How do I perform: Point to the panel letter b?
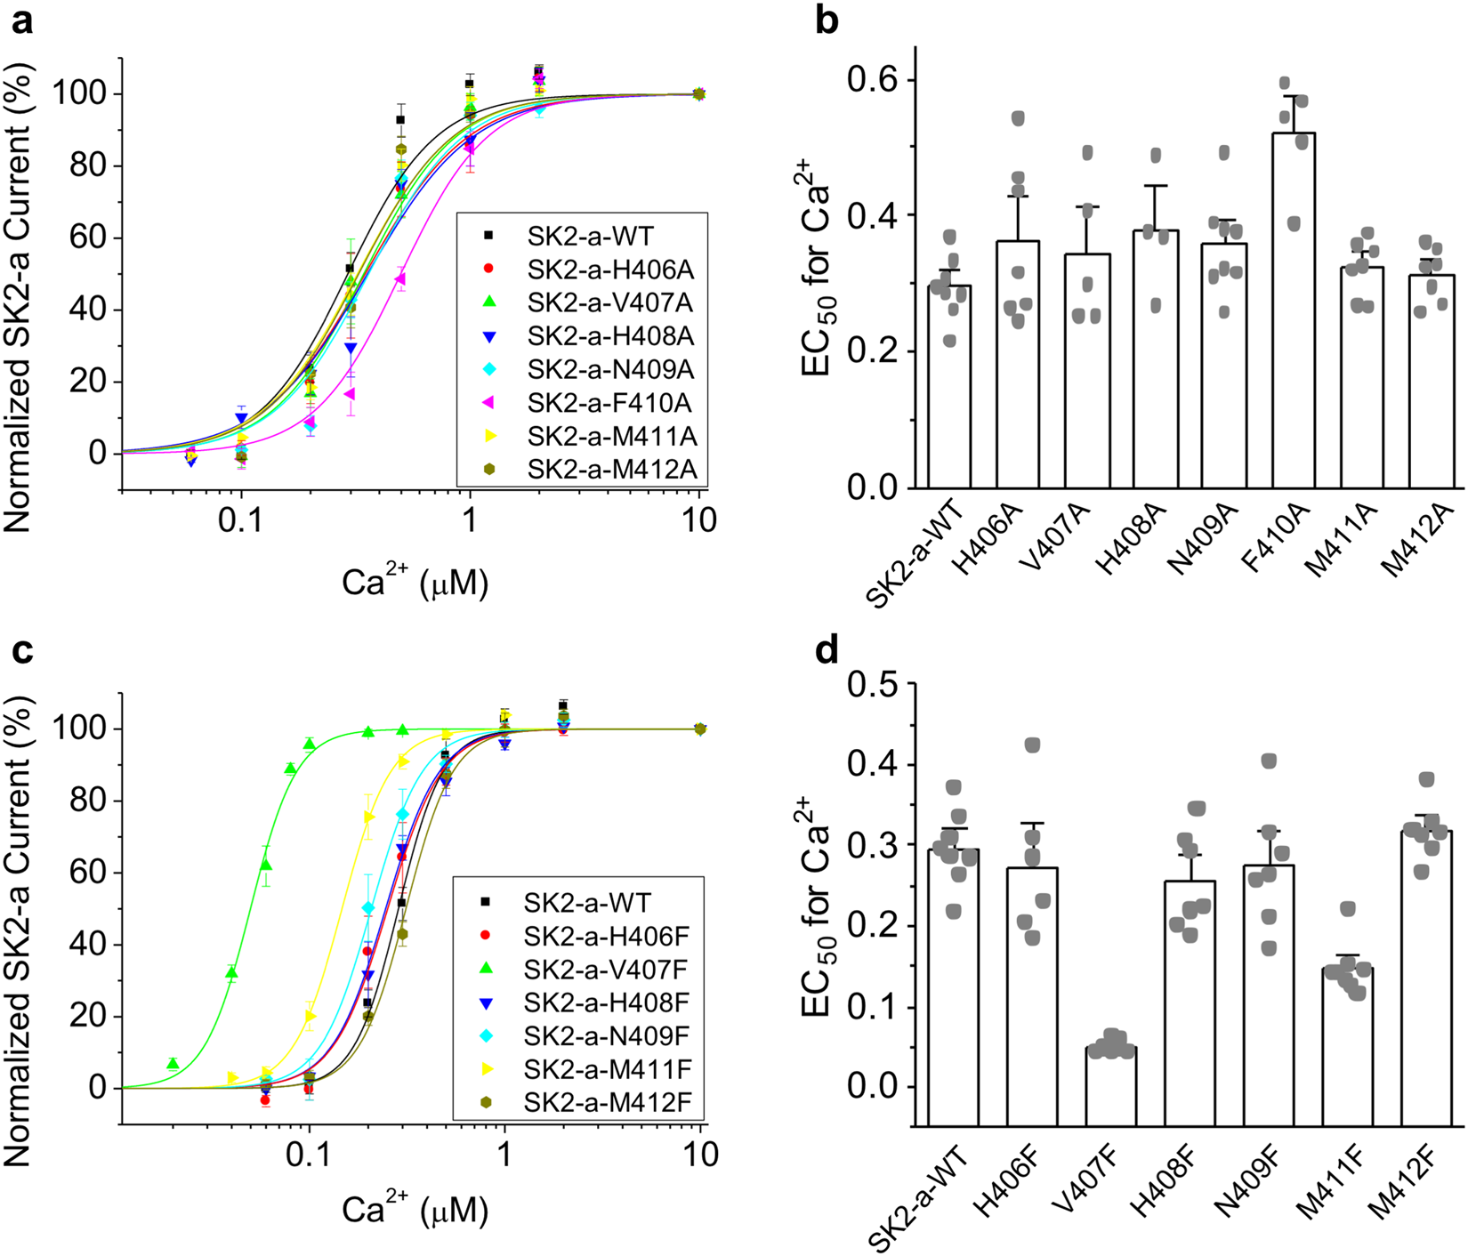(827, 20)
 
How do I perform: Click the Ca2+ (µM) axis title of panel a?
(415, 582)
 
